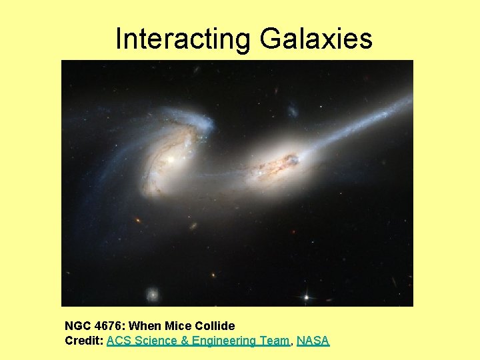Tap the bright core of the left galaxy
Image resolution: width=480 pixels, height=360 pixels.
(171, 159)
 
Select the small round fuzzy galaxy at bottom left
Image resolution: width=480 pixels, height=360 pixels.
(153, 293)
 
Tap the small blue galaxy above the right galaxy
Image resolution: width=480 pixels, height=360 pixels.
(292, 109)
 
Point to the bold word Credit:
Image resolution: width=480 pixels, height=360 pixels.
(84, 341)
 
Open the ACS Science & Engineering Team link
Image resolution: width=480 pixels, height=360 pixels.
(198, 341)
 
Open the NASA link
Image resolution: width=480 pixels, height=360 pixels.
(313, 341)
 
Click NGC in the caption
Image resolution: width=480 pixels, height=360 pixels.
(77, 326)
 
